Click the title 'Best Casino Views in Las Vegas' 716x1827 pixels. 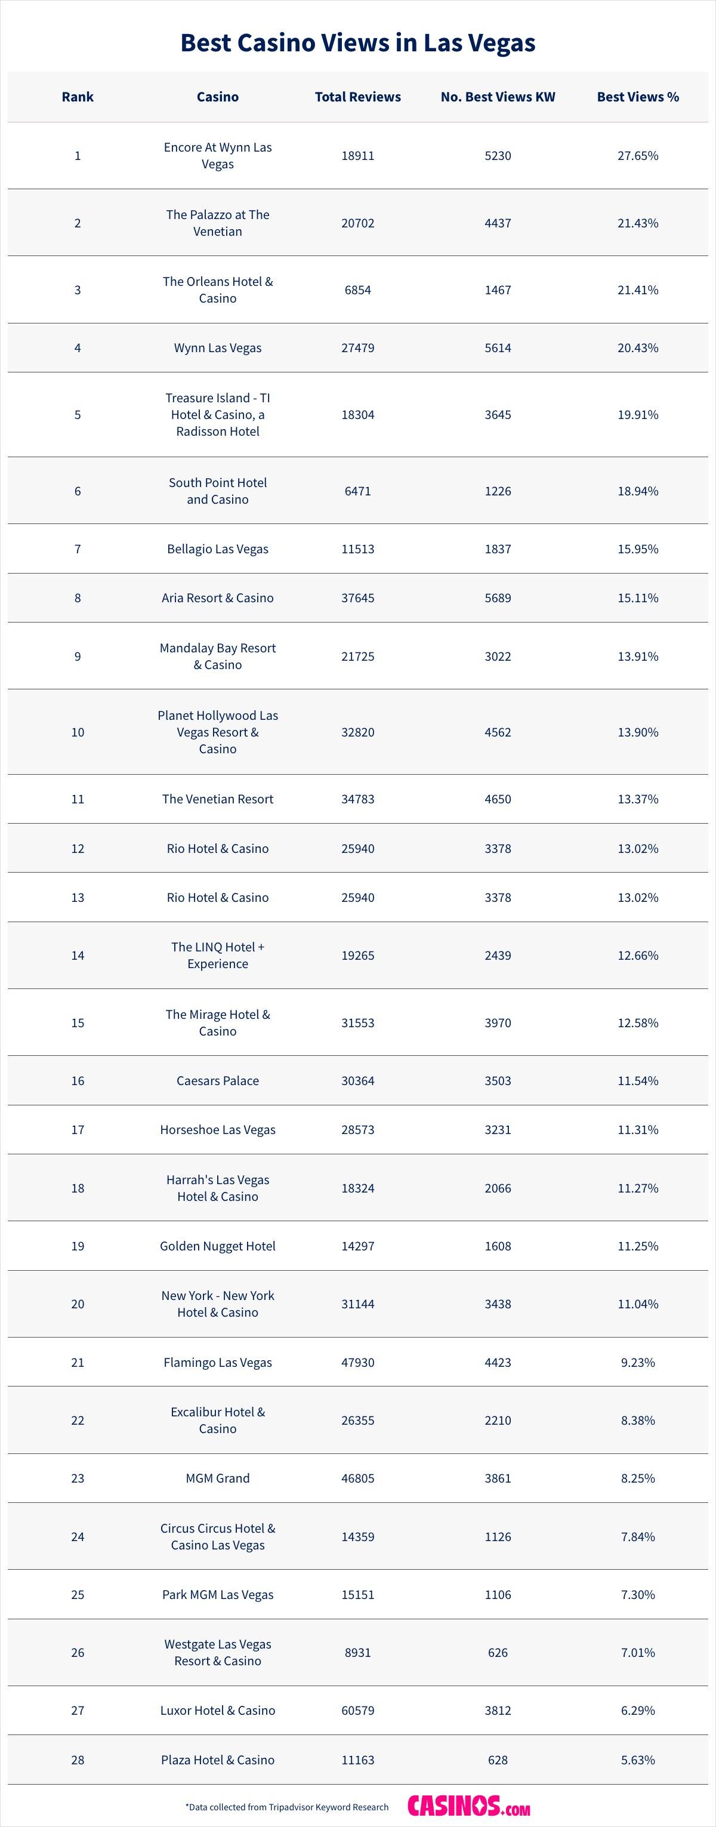click(x=358, y=42)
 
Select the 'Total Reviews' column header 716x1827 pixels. click(x=358, y=97)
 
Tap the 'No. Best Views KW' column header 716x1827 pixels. click(x=498, y=97)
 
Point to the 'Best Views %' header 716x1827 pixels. click(x=637, y=97)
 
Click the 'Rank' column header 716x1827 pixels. click(x=78, y=97)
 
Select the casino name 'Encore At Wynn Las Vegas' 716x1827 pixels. click(x=218, y=155)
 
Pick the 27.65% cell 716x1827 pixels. click(x=637, y=155)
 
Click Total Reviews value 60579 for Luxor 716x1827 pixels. click(x=358, y=1710)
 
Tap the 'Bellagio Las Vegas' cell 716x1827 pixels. click(x=218, y=549)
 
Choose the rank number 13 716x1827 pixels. click(x=78, y=897)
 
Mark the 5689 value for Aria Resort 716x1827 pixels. click(x=498, y=598)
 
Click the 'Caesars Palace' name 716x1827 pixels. click(x=218, y=1081)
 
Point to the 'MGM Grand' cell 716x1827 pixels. click(x=218, y=1478)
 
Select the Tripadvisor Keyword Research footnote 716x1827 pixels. click(x=287, y=1807)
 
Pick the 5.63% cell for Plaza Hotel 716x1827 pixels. click(x=637, y=1760)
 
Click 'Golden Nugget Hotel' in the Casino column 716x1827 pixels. click(x=218, y=1246)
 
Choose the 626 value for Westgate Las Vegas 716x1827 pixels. click(x=498, y=1653)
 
